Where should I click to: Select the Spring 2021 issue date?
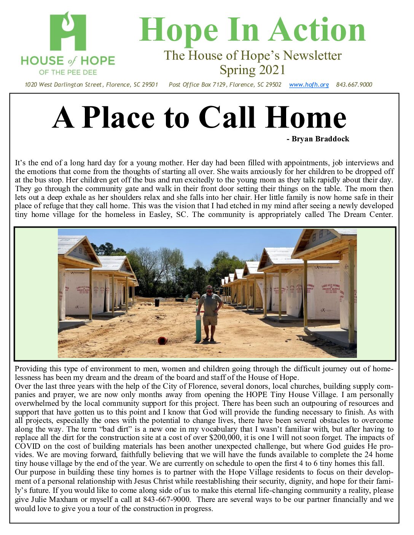[252, 70]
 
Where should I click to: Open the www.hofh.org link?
[309, 85]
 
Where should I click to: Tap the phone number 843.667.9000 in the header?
[354, 85]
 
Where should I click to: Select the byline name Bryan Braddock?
[320, 139]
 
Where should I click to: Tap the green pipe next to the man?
[198, 328]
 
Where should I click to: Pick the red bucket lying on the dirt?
[162, 340]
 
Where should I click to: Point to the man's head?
[209, 289]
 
